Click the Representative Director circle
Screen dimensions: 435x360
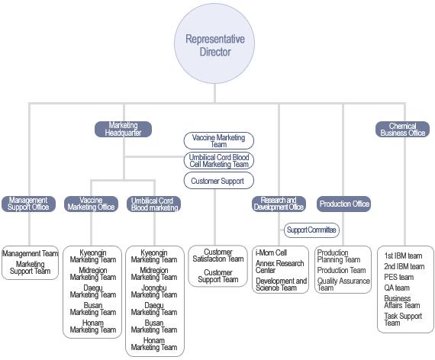click(x=214, y=43)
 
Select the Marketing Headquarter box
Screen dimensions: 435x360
click(x=123, y=129)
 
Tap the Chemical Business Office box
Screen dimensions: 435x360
click(x=402, y=129)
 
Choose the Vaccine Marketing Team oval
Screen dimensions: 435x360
click(x=218, y=140)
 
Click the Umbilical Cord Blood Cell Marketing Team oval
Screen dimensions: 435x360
click(x=218, y=161)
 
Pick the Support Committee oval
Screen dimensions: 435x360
click(x=311, y=230)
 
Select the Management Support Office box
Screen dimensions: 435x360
click(x=28, y=204)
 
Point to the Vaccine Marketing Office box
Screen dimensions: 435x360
click(x=91, y=204)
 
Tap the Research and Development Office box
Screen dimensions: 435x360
click(x=279, y=204)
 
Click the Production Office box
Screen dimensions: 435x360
click(x=343, y=204)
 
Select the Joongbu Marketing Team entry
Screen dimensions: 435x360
click(x=154, y=291)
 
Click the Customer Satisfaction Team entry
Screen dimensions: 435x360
click(x=218, y=256)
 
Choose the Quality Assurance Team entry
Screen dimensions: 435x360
click(x=343, y=284)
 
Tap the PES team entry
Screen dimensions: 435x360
click(x=398, y=277)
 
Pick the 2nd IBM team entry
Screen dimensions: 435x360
click(x=404, y=266)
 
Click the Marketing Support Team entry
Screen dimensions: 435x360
click(x=31, y=268)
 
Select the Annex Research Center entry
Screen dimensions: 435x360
click(x=279, y=266)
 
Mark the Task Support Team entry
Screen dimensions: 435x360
click(x=403, y=320)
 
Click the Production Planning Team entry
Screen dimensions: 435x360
click(x=339, y=256)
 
